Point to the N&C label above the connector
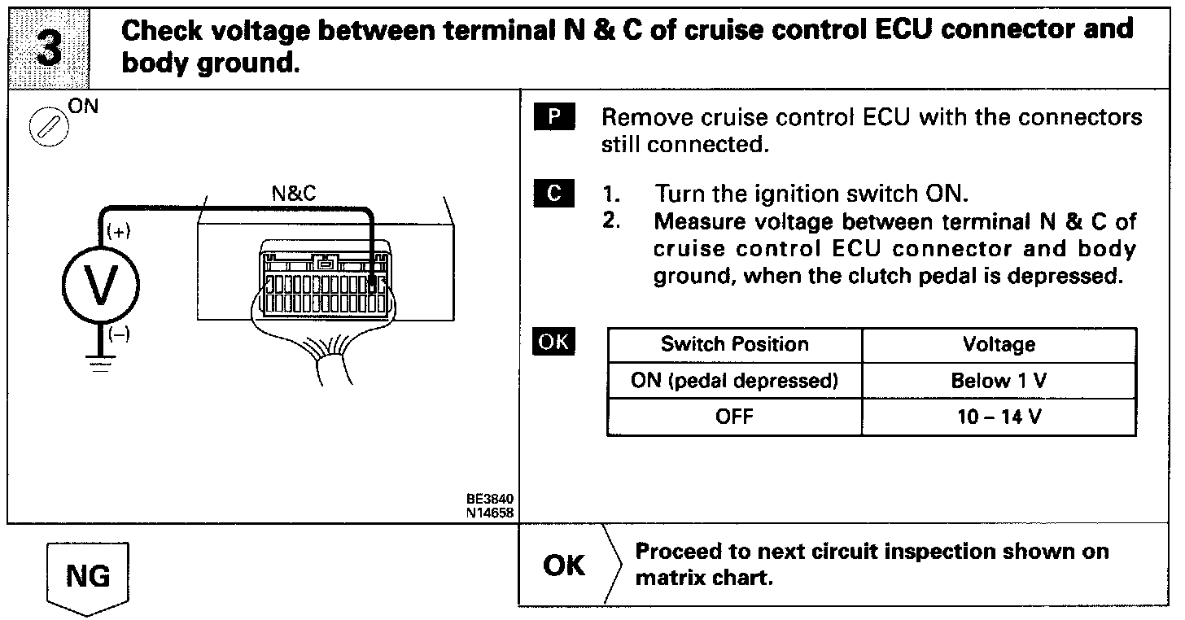tap(294, 194)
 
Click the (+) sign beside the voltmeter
tap(119, 232)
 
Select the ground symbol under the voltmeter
tap(100, 363)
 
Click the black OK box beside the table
tap(553, 342)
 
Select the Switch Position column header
tap(734, 344)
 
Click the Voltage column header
tap(999, 344)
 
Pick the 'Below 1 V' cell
tap(999, 381)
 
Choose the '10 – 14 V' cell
tap(999, 417)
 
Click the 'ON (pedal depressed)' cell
tap(734, 381)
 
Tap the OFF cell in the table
tap(734, 417)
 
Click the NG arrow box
tap(87, 578)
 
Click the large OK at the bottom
tap(564, 565)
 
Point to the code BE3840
tap(484, 499)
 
